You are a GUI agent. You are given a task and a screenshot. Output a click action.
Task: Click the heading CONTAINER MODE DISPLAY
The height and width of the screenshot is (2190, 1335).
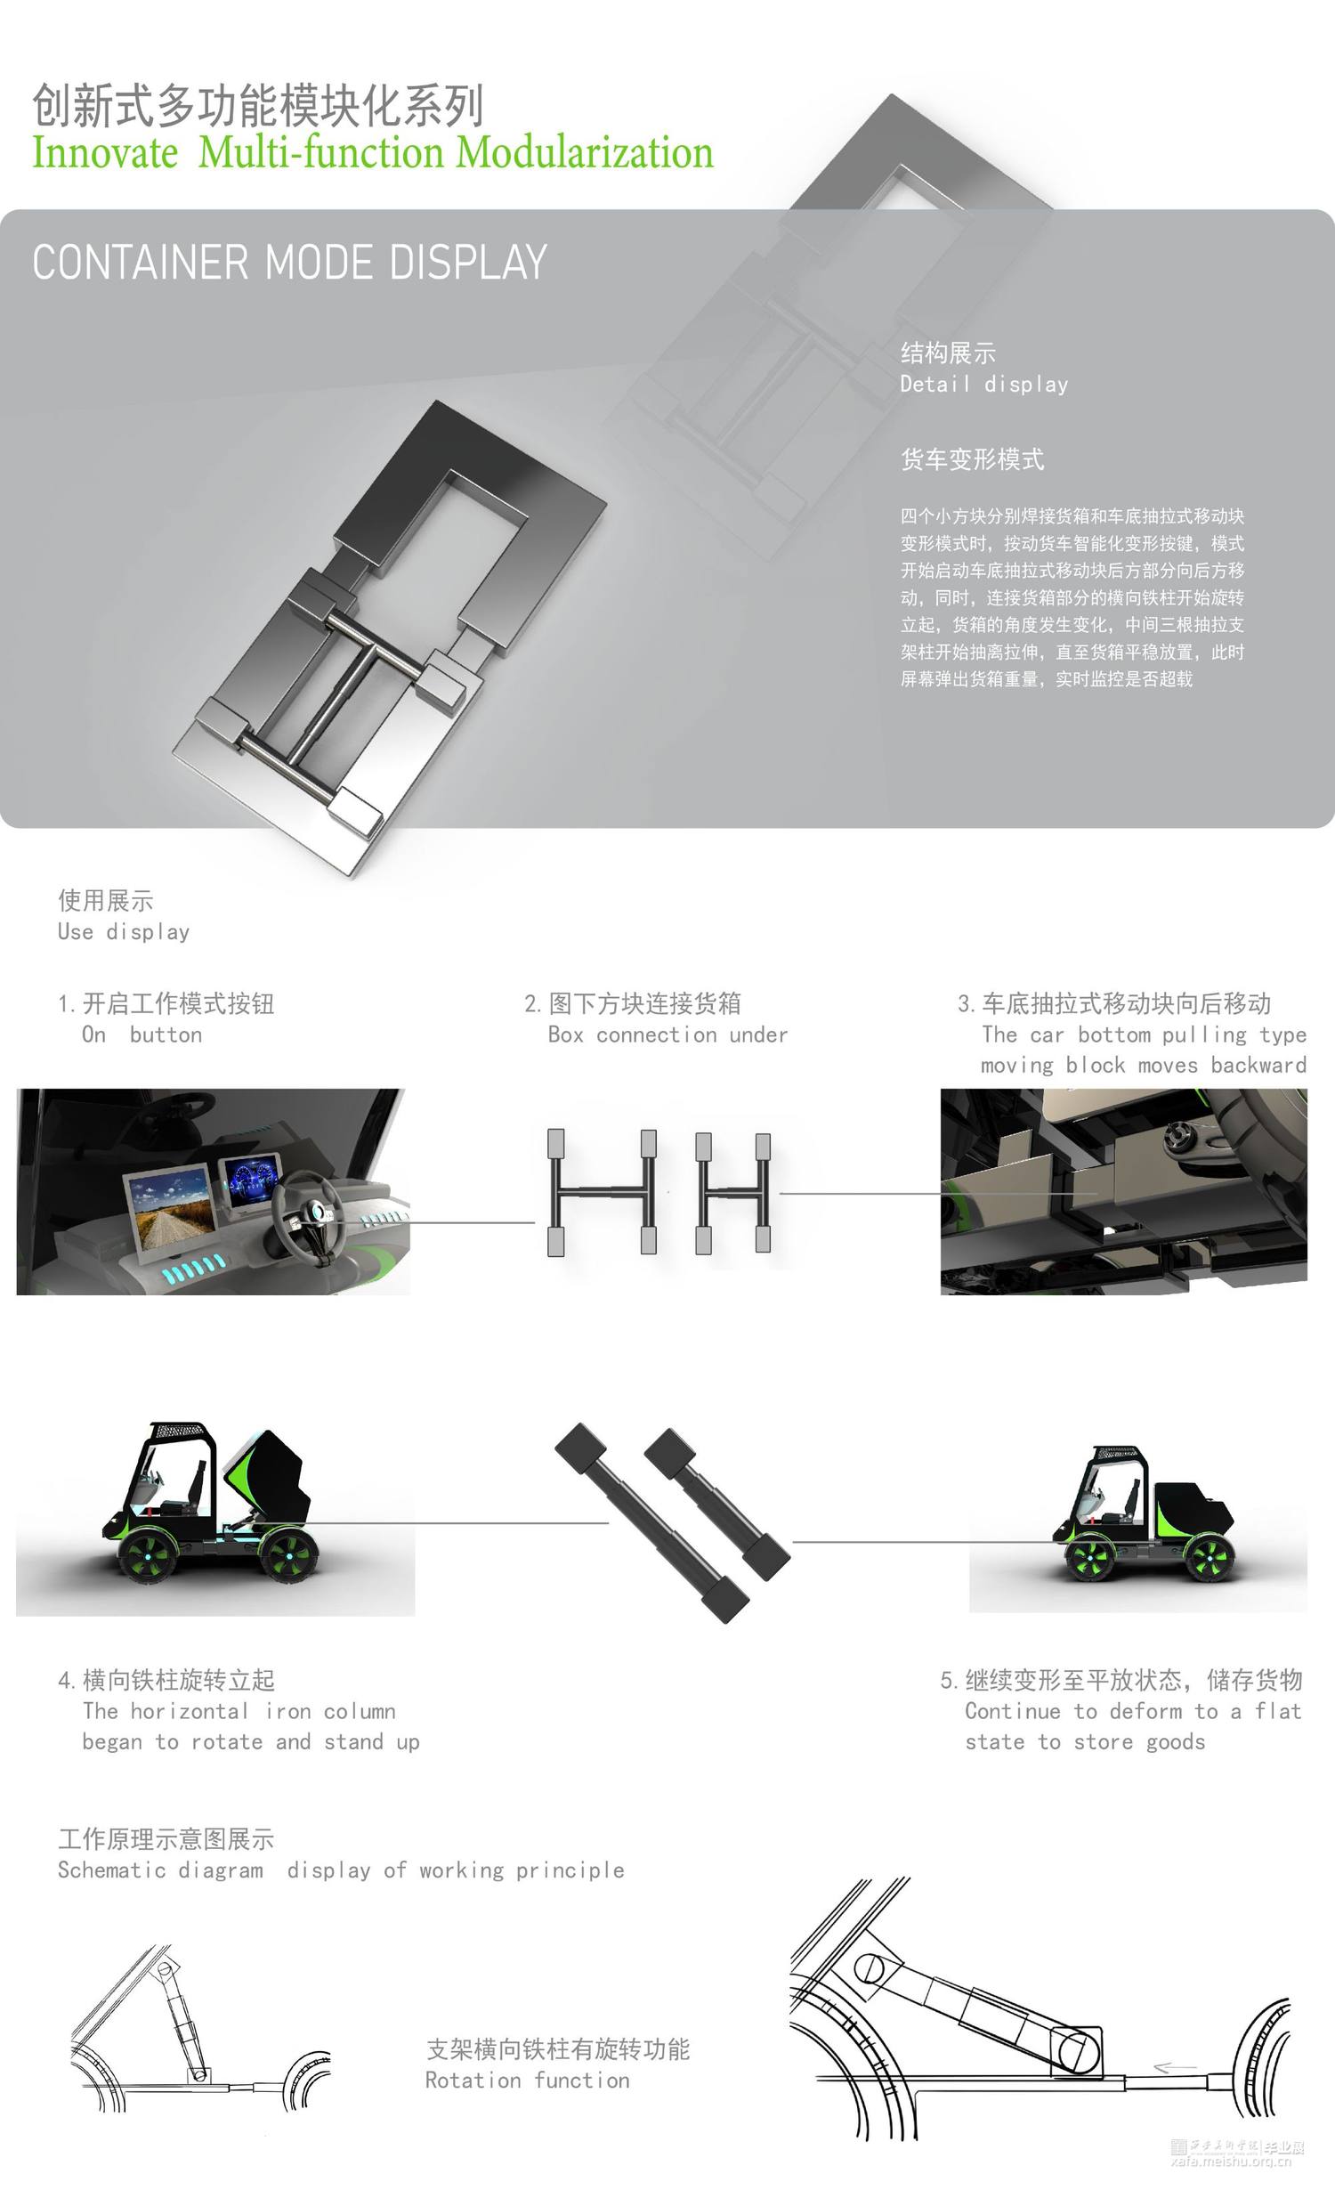click(289, 263)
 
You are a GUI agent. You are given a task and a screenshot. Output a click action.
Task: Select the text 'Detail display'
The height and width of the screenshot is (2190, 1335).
click(983, 385)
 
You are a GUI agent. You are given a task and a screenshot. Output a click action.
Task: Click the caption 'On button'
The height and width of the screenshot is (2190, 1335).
click(142, 1035)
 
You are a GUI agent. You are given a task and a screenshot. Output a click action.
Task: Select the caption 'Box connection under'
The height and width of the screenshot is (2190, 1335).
click(667, 1035)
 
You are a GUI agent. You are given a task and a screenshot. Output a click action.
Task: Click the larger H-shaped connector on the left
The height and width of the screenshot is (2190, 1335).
click(603, 1193)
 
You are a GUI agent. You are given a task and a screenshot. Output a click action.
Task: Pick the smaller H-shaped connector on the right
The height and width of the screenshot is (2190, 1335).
click(733, 1193)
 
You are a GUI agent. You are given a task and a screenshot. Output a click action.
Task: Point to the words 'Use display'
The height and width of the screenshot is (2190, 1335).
click(124, 933)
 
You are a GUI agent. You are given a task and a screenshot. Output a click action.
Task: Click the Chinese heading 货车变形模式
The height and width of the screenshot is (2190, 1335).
click(972, 459)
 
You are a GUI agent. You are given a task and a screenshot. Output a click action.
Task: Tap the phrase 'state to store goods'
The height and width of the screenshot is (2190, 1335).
click(1085, 1742)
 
